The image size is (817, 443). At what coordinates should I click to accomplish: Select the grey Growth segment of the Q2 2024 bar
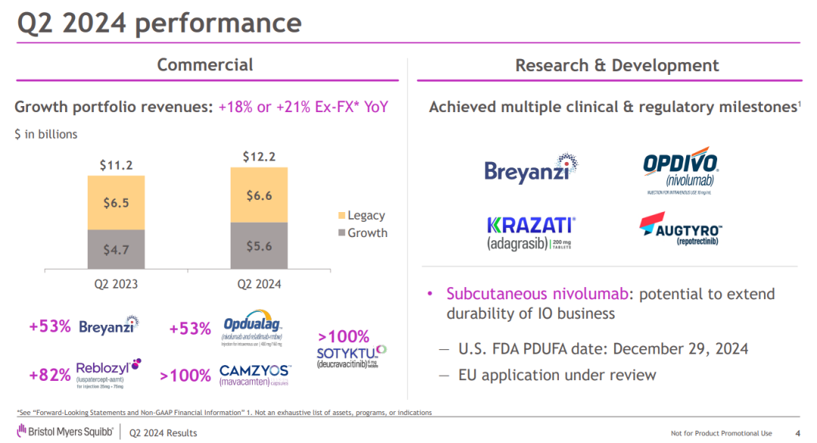click(x=259, y=245)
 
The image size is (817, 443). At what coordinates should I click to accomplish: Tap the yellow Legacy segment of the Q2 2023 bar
click(x=116, y=202)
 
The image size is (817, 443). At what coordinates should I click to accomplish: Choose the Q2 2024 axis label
click(x=259, y=285)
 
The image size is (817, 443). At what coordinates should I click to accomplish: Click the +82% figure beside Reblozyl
click(x=50, y=375)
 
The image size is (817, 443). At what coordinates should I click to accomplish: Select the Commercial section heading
click(x=205, y=65)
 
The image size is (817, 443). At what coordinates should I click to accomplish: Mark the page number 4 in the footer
click(x=798, y=433)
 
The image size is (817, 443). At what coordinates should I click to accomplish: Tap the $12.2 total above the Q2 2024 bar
click(x=259, y=157)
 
